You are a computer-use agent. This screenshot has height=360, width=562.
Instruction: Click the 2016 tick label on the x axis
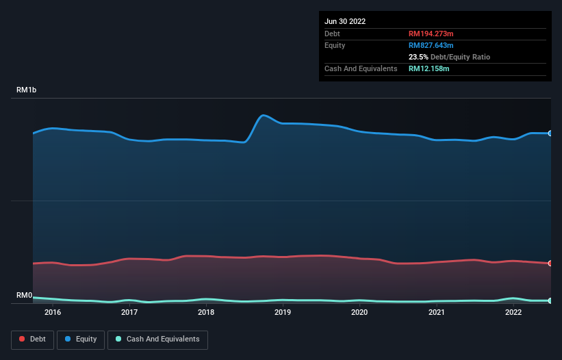click(53, 313)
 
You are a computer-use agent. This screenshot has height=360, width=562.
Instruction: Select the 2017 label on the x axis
click(129, 313)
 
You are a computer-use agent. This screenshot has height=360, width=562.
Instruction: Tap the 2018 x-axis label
click(206, 313)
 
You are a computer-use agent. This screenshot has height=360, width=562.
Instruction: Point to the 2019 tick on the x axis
click(283, 313)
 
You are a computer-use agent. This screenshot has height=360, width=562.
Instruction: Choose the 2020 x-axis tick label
click(359, 313)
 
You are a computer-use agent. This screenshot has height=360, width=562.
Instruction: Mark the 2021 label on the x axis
click(436, 313)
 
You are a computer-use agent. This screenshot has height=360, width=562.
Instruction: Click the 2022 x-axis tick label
click(513, 313)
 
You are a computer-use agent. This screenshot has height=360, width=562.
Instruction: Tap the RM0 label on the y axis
click(24, 296)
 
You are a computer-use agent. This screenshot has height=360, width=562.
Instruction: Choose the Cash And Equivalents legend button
click(157, 339)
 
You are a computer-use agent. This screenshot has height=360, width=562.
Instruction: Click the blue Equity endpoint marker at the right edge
click(550, 133)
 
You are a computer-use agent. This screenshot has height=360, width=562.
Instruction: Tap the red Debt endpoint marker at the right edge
click(550, 263)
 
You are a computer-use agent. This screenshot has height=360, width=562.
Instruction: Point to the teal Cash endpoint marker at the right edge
click(550, 301)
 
